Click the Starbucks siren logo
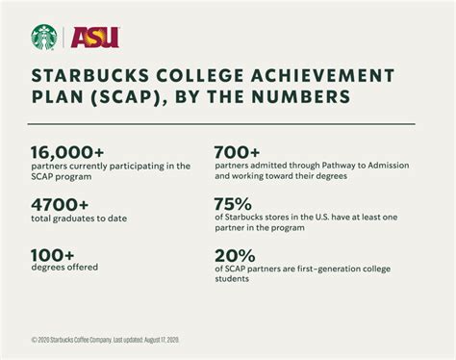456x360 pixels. click(x=44, y=37)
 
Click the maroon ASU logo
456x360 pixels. click(x=95, y=38)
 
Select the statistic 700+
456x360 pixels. click(x=237, y=152)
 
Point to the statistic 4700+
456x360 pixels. click(x=60, y=204)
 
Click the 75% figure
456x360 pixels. click(x=233, y=204)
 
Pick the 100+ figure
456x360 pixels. click(x=54, y=254)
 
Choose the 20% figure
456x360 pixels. click(x=234, y=254)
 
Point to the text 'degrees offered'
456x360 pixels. click(x=64, y=268)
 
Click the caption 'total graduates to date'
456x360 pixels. click(x=79, y=219)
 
